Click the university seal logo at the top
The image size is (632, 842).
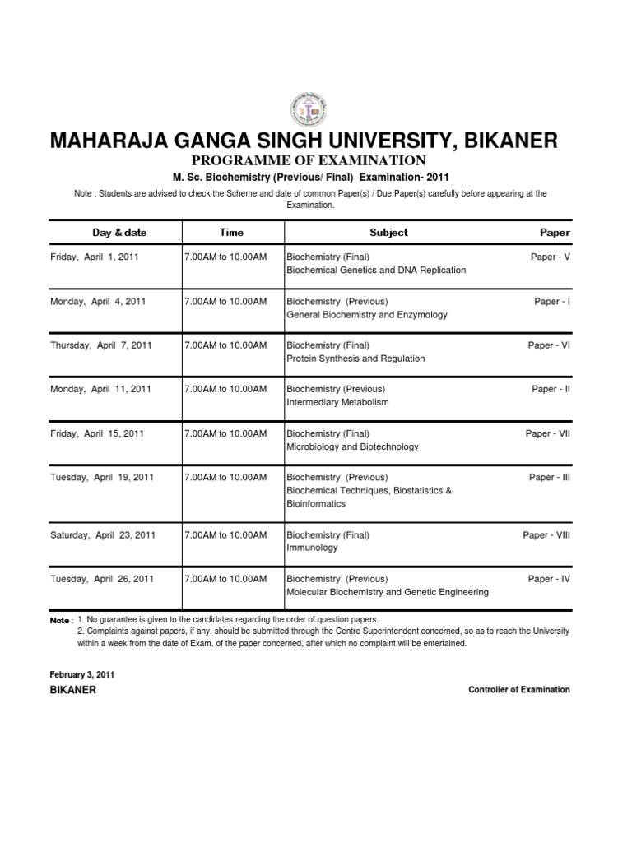(316, 107)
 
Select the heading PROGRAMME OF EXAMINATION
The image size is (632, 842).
(316, 160)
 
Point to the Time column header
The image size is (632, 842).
(231, 233)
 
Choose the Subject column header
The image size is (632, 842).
(388, 233)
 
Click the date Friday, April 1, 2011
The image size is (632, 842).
(95, 257)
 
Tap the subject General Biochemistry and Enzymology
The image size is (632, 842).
(366, 314)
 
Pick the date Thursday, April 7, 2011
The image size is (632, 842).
(101, 345)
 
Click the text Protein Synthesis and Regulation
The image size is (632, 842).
(355, 359)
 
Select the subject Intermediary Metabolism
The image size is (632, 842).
(337, 403)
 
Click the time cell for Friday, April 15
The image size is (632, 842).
(225, 433)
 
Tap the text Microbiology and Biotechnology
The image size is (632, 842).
(352, 446)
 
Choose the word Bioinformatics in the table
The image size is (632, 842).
(317, 503)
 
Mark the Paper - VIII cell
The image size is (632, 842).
(546, 534)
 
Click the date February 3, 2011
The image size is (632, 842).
(82, 674)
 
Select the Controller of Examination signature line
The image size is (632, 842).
(519, 690)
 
